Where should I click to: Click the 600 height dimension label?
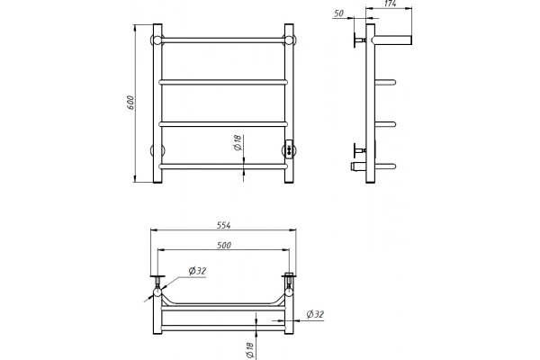(130, 103)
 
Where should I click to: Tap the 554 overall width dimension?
(223, 225)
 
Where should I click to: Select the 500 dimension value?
(224, 246)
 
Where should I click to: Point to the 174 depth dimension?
(390, 4)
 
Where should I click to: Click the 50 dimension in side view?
(339, 13)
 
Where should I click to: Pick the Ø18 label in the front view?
(238, 142)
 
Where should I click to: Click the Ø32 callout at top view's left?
(197, 271)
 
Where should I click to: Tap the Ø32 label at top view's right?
(315, 314)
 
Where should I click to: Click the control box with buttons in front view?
(290, 149)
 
